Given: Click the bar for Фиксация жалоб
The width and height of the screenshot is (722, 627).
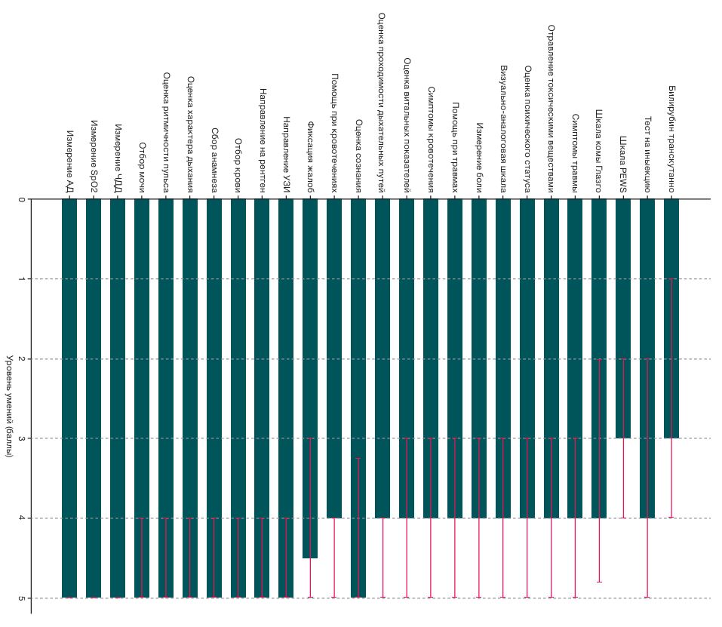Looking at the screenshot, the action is click(310, 379).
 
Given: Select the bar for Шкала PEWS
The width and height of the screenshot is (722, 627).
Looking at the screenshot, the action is click(623, 318).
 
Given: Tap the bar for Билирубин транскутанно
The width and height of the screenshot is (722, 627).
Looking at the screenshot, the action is click(671, 318).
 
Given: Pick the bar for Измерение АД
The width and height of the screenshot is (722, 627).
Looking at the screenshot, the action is click(69, 398).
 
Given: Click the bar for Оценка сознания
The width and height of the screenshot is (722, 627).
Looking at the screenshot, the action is click(358, 398).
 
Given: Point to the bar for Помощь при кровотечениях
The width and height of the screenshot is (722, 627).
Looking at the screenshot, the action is click(334, 358).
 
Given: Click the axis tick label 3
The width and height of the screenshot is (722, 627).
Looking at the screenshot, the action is click(21, 438).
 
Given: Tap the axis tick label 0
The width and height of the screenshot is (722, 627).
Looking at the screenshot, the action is click(21, 199).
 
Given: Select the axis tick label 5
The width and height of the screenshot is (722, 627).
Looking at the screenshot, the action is click(21, 598).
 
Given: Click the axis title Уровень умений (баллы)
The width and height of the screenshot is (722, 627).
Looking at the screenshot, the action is click(9, 406).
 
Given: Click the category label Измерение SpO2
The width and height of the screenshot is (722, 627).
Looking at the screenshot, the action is click(94, 156).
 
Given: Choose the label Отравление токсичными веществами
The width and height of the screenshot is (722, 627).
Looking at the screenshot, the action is click(551, 109).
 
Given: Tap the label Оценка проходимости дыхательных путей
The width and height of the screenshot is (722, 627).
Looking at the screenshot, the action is click(381, 103).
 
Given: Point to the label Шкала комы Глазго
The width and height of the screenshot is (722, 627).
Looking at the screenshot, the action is click(598, 151).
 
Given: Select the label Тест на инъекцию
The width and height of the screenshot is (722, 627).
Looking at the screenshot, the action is click(647, 155).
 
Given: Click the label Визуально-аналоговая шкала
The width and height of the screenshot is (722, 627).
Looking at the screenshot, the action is click(502, 129).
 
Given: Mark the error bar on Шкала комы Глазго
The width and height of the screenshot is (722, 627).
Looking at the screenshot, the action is click(599, 471).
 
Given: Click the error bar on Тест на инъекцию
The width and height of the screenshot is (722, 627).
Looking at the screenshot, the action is click(647, 478).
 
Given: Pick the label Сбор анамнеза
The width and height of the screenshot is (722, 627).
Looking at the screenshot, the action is click(214, 160).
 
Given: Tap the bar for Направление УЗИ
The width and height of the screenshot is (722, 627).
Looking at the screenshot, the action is click(286, 398).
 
